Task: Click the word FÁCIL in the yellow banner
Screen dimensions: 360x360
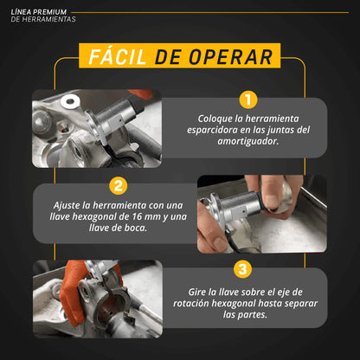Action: pos(118,56)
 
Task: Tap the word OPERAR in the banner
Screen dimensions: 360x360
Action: pos(231,57)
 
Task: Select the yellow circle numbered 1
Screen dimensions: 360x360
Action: pos(248,100)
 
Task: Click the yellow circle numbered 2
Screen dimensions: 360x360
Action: pos(119,186)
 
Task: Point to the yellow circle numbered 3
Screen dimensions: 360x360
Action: pos(242,269)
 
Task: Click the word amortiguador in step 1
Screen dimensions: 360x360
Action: pos(248,141)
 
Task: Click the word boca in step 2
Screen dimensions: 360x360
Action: pos(136,228)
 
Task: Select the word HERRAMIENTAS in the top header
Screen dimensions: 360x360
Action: pos(53,19)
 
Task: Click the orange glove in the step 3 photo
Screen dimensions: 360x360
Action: pos(71,294)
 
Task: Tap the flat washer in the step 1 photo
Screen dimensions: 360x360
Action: pos(70,101)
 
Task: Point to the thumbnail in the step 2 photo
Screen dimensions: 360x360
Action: pos(272,201)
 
